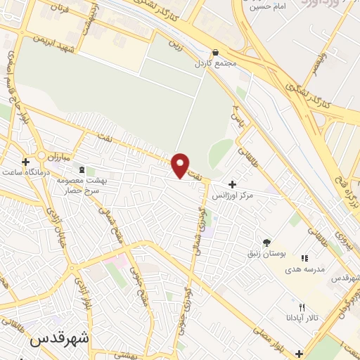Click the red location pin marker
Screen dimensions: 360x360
180,165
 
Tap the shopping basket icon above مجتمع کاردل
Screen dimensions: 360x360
215,52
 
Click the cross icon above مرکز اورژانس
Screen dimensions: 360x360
232,184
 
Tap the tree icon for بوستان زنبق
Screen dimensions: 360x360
266,241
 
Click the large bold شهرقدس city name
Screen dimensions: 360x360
60,337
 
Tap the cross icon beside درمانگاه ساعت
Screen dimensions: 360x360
26,162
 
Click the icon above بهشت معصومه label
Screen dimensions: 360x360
83,170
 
